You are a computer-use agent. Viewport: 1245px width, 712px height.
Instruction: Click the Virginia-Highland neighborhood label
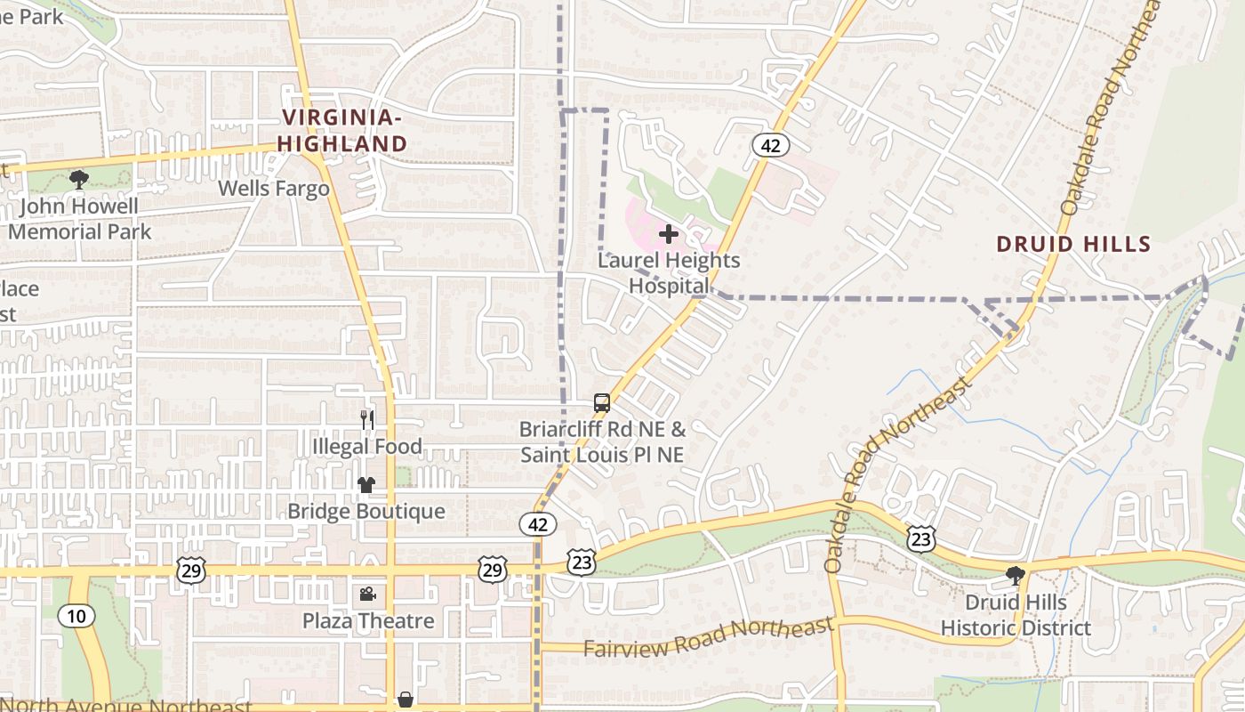(x=342, y=130)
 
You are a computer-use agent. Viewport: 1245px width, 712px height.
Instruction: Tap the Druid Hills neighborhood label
(x=1073, y=244)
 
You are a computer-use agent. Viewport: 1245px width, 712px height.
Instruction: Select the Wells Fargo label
(x=274, y=189)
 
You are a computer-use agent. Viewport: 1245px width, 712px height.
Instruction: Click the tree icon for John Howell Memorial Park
(x=78, y=180)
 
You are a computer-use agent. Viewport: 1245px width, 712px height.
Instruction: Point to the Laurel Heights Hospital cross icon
(x=669, y=234)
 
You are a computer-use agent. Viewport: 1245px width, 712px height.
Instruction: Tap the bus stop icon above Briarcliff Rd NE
(x=602, y=403)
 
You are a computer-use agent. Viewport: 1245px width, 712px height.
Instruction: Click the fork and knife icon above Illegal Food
(x=366, y=419)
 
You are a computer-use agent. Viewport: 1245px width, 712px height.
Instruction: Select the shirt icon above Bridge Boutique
(x=366, y=485)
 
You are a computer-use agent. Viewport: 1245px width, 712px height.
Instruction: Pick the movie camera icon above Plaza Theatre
(x=366, y=594)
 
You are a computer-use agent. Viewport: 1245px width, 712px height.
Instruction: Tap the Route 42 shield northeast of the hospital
(x=770, y=145)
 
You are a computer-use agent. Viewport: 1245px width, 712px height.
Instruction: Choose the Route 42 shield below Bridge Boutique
(x=538, y=524)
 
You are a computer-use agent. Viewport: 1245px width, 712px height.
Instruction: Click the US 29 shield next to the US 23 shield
(x=492, y=570)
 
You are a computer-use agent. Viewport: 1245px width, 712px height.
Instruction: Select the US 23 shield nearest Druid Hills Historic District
(x=921, y=538)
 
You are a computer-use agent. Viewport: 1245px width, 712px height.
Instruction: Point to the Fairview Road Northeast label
(x=709, y=636)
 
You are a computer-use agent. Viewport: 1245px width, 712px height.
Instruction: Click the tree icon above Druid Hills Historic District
(x=1015, y=576)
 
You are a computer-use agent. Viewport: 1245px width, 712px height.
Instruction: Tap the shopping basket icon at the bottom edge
(x=406, y=700)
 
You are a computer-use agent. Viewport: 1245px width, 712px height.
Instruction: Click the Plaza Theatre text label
(x=368, y=620)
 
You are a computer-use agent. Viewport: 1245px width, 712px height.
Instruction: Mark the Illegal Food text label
(x=366, y=446)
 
